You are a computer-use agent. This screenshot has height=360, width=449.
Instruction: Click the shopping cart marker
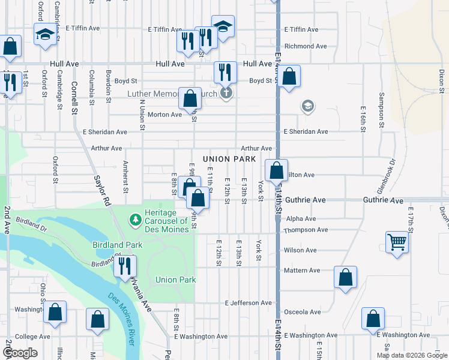(397, 243)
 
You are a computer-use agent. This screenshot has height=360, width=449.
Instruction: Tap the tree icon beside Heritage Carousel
(136, 220)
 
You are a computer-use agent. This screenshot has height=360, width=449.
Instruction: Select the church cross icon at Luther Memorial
(226, 94)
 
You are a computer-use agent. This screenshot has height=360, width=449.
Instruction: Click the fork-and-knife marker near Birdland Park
(125, 265)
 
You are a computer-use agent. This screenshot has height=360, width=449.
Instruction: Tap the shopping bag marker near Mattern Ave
(345, 277)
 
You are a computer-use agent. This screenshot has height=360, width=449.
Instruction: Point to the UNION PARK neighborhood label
(229, 159)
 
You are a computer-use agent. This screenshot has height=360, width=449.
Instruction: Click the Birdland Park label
(117, 245)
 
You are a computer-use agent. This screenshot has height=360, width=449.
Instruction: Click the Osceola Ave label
(303, 312)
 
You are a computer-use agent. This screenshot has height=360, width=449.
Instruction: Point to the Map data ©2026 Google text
(411, 355)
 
